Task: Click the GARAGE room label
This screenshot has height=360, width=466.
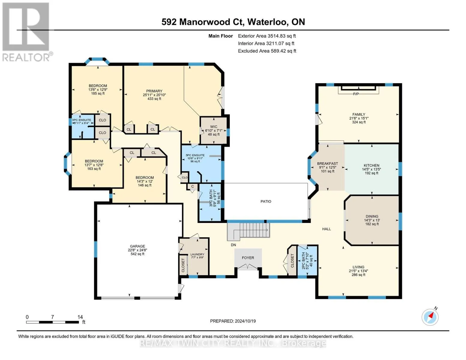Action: (137, 246)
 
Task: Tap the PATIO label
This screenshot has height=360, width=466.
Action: (266, 201)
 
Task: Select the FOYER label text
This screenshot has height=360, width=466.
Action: (248, 258)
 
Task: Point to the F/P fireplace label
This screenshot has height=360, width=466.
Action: (356, 94)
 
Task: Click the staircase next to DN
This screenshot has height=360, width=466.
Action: (248, 231)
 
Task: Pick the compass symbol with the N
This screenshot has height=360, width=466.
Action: (430, 317)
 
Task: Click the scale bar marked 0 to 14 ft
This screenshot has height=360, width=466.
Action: (53, 322)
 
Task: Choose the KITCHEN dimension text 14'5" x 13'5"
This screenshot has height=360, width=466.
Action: (371, 169)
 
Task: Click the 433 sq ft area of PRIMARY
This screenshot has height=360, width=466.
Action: (154, 99)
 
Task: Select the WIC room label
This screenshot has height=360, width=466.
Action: (214, 127)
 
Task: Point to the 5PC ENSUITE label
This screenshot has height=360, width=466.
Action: (195, 155)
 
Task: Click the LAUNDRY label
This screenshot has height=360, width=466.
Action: (197, 254)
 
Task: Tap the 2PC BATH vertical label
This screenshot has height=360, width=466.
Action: (303, 261)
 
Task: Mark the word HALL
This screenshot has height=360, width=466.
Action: (326, 229)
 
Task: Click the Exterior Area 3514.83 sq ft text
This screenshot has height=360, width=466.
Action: (267, 36)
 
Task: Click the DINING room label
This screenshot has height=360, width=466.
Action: (372, 216)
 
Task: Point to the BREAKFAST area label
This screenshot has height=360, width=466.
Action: (327, 163)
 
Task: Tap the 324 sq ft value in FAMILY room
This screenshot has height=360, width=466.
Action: (359, 122)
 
